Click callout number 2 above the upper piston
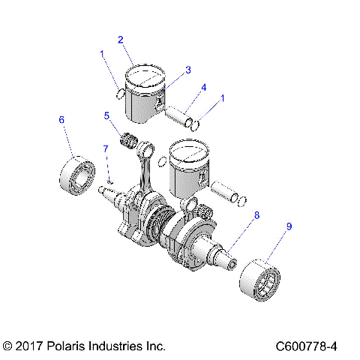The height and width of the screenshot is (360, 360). [120, 39]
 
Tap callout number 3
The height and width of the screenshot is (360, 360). [188, 70]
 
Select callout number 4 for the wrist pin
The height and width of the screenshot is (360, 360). [204, 88]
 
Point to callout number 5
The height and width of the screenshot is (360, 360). [107, 115]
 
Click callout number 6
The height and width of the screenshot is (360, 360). [61, 119]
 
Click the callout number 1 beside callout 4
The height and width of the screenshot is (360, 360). [223, 98]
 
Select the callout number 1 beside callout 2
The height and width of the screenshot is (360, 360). [102, 53]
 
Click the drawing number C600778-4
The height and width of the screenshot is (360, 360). [306, 346]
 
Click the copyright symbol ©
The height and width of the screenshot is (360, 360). [8, 346]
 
